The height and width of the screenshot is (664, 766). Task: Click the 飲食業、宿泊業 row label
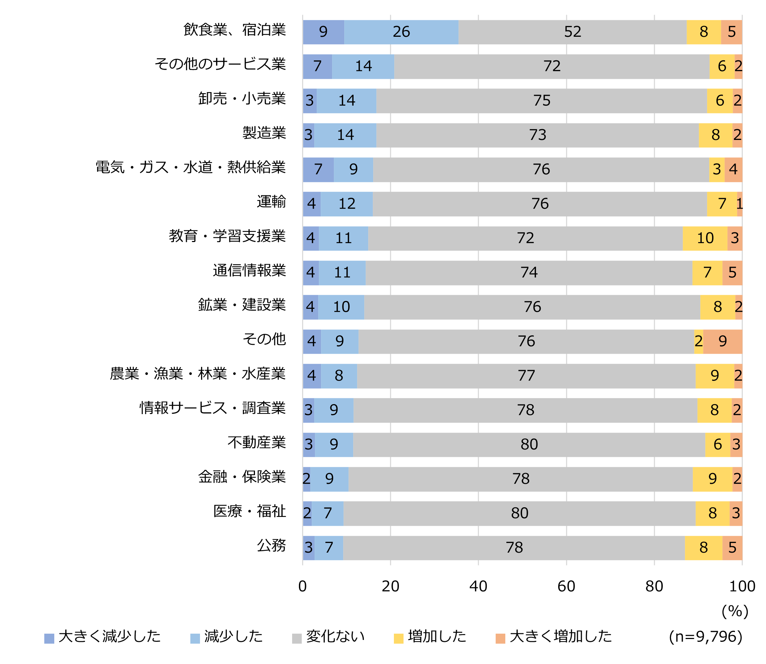coord(235,30)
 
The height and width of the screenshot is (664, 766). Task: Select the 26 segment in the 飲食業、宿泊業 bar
coord(401,32)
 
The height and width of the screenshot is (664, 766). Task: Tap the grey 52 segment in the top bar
coord(572,32)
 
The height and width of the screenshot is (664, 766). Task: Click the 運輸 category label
coord(271,202)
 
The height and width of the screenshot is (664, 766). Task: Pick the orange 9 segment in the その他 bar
coord(722,342)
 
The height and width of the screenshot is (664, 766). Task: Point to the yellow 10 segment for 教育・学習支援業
coord(705,238)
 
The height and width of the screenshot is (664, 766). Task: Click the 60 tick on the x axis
coord(566,587)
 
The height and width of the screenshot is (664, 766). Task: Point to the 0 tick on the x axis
coord(302,587)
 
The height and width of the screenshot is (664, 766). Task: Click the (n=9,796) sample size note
coord(706,637)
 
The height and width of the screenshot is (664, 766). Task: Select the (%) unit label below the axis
coord(735,612)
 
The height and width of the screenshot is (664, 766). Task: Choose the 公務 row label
coord(271,546)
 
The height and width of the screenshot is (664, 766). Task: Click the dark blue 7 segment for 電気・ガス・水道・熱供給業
coord(318,170)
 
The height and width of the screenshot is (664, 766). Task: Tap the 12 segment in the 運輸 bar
coord(347,204)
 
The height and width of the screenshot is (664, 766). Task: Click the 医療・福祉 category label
coord(249,511)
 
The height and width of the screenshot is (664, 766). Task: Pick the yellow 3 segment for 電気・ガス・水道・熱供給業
coord(717,170)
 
